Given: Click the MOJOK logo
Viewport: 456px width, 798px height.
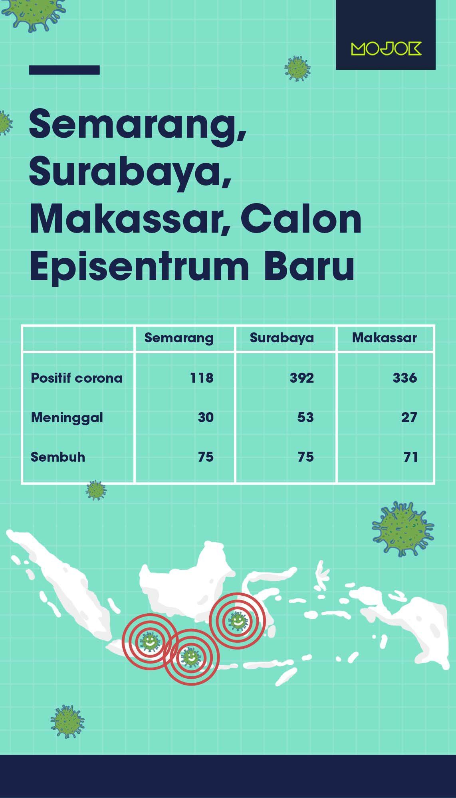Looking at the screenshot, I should [386, 48].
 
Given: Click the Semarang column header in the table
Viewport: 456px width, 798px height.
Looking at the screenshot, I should [179, 338].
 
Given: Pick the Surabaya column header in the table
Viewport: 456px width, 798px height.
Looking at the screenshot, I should [282, 338].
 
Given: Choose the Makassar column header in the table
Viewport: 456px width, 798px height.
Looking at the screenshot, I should [384, 338].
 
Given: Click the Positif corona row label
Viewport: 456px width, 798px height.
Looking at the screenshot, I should [77, 378].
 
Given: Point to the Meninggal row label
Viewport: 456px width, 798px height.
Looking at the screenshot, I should [67, 418].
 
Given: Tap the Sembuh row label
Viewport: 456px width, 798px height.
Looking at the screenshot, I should [58, 457].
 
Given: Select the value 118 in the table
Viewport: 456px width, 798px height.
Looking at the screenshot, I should [202, 378].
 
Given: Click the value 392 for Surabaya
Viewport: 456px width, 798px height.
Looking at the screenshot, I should [302, 378].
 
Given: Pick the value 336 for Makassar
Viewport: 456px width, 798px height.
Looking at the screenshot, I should [405, 378].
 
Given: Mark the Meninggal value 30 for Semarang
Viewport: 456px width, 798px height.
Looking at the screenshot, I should [206, 418].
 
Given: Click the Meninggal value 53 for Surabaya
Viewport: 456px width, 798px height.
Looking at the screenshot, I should [305, 418].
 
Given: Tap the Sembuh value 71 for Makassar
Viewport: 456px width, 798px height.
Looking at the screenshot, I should [410, 457].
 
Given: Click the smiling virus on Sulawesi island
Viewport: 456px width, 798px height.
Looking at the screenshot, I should [238, 620].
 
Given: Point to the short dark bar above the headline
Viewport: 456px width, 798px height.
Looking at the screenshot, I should [64, 70].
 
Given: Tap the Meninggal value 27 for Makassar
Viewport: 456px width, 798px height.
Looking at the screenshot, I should [409, 418].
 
